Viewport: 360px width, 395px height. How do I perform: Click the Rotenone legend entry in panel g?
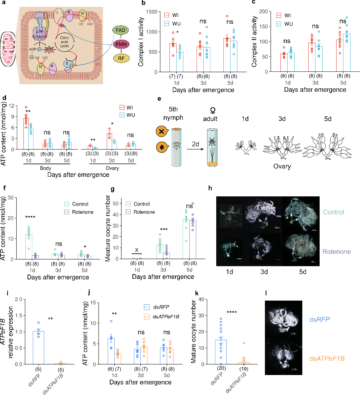143,212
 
